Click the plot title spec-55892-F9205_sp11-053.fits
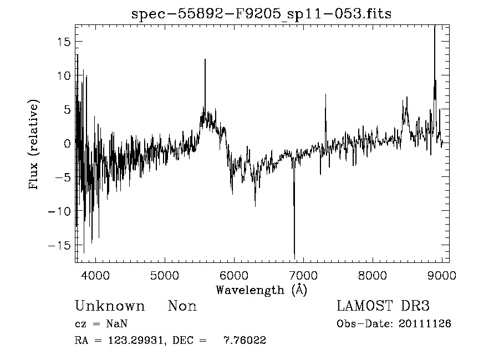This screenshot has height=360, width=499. pyautogui.click(x=262, y=14)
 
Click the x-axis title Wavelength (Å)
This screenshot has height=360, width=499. pyautogui.click(x=261, y=290)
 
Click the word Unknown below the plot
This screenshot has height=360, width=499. pyautogui.click(x=110, y=306)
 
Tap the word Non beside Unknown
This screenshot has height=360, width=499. pyautogui.click(x=182, y=306)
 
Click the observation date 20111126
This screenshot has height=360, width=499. pyautogui.click(x=425, y=324)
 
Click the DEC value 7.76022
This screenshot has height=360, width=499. pyautogui.click(x=245, y=341)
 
